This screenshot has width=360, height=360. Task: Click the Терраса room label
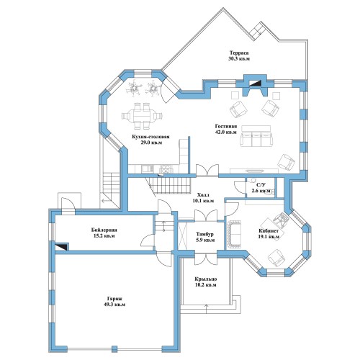(239, 53)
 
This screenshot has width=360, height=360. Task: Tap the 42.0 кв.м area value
(226, 132)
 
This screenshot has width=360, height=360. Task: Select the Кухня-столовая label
(150, 137)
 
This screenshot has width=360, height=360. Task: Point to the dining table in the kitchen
(142, 116)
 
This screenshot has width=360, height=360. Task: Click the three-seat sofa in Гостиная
(256, 139)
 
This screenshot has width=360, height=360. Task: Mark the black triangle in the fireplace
(255, 83)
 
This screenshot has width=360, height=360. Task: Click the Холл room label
(203, 194)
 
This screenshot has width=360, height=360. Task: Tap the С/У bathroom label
(261, 185)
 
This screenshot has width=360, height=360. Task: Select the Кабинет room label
(269, 231)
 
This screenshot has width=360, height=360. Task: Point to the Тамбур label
(204, 234)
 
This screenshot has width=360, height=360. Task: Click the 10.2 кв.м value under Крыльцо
(205, 285)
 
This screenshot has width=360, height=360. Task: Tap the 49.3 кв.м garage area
(114, 305)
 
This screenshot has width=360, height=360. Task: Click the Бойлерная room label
(104, 230)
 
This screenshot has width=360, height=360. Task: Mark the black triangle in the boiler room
(61, 247)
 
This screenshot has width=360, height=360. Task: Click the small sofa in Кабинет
(233, 235)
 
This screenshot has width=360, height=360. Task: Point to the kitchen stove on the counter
(166, 168)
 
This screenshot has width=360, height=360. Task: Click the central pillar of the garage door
(114, 348)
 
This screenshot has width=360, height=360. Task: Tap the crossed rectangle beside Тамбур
(182, 235)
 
